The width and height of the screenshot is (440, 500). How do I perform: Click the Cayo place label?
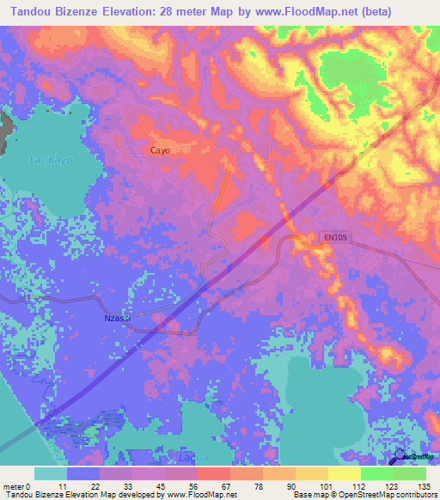160,150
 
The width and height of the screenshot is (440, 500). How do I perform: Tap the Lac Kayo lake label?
51,160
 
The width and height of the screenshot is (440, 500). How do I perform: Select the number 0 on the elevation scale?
28,485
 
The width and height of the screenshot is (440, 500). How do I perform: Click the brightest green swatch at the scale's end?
410,473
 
